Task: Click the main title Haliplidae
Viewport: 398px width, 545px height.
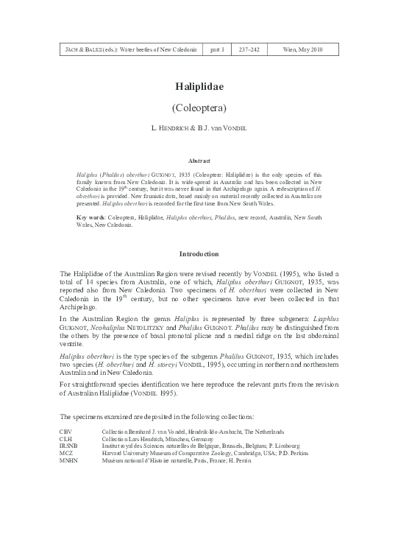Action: point(199,85)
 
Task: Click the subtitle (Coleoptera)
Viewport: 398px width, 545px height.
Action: point(199,107)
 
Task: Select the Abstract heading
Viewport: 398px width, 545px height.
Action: point(199,160)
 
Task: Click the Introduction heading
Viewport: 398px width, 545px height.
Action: point(199,254)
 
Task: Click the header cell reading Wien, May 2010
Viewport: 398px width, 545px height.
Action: point(302,49)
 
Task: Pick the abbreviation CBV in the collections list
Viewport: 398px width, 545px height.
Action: point(65,431)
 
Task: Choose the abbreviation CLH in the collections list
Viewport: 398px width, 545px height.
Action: point(65,438)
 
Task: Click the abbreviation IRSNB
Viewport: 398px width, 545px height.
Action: point(68,446)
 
